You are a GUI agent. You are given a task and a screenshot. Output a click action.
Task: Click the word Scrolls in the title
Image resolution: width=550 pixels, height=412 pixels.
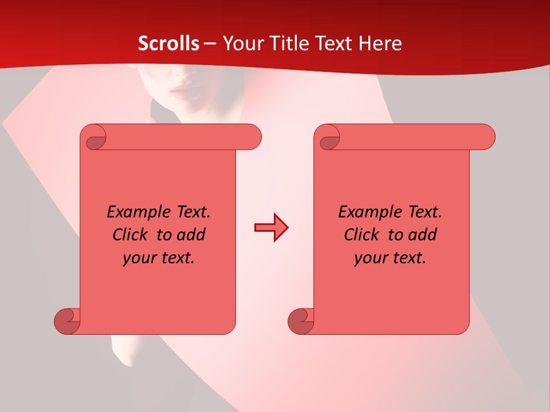tap(169, 43)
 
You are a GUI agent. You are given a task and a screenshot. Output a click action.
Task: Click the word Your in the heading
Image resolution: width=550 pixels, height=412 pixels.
tap(242, 43)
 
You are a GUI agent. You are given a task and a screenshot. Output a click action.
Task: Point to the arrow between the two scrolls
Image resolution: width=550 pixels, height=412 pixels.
tap(272, 228)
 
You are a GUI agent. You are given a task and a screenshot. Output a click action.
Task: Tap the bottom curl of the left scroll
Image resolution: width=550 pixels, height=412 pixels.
tap(68, 320)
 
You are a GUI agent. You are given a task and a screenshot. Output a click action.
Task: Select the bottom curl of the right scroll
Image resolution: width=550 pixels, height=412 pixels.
tap(301, 320)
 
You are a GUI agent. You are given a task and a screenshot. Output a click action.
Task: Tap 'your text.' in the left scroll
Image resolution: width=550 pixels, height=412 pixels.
tap(159, 258)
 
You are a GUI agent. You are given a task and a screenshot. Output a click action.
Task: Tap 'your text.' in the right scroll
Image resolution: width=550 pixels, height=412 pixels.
tap(390, 258)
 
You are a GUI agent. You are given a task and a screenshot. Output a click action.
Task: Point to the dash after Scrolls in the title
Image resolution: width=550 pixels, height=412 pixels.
tap(210, 44)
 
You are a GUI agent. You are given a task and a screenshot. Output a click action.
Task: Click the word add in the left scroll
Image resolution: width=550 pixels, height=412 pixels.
tap(191, 235)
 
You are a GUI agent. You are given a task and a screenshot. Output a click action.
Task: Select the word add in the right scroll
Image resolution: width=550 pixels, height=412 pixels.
tap(423, 235)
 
